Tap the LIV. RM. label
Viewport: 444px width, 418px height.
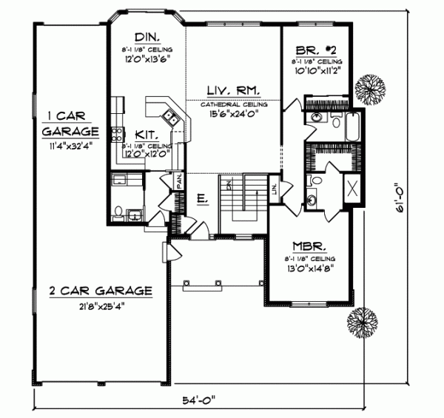(232, 90)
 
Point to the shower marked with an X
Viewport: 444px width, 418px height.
(353, 186)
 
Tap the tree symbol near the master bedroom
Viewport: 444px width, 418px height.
(362, 322)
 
